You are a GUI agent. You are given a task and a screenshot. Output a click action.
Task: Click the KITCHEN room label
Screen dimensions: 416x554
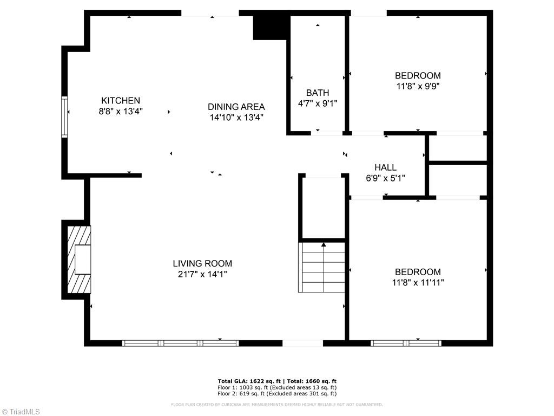coord(121,100)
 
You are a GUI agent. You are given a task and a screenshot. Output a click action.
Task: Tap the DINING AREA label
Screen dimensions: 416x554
coord(236,107)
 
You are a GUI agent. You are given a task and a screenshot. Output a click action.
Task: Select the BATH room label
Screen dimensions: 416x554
coord(317,93)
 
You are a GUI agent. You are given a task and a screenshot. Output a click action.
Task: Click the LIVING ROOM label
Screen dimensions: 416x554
coord(202,264)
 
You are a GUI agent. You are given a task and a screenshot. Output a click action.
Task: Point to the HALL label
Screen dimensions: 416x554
coord(385,167)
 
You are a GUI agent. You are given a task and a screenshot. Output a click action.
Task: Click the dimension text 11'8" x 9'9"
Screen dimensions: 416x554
coord(418,86)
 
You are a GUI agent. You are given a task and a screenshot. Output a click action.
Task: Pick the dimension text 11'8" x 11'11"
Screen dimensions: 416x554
coord(418,282)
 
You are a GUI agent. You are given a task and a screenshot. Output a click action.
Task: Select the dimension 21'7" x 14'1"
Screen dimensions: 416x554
coord(202,274)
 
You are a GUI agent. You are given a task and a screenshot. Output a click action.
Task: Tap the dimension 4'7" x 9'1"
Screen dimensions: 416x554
coord(317,103)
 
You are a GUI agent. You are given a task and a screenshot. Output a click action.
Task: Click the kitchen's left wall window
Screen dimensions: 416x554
coord(64,116)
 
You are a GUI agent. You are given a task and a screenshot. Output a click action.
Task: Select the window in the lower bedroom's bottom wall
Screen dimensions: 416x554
coord(406,343)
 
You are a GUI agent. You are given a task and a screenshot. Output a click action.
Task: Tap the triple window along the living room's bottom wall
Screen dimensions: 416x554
coord(181,343)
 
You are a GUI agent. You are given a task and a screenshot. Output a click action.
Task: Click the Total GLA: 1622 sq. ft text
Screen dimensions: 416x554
coord(246,381)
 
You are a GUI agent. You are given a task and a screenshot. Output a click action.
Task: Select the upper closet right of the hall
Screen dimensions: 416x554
coord(458,147)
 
